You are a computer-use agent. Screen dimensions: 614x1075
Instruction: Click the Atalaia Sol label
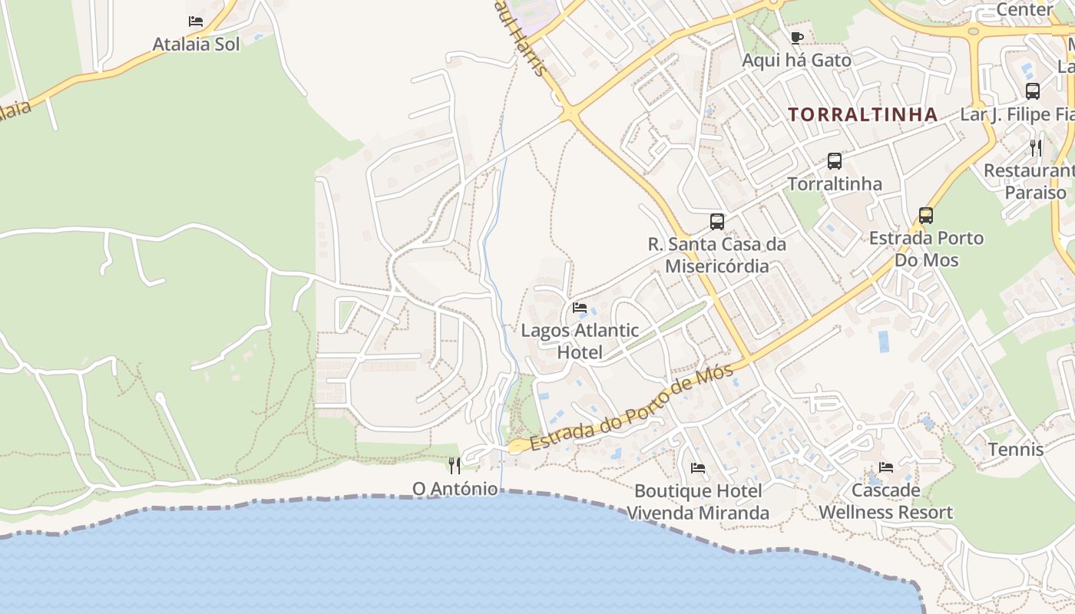(x=196, y=45)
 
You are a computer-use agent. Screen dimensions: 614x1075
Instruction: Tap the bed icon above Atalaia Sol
(x=196, y=21)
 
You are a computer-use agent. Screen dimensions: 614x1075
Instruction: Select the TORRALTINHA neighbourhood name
(x=862, y=115)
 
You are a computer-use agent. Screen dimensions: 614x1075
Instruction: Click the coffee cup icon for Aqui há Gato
(x=796, y=38)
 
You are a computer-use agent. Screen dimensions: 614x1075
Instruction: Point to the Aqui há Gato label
(x=796, y=61)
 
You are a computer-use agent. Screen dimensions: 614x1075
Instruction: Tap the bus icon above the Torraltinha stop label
(x=835, y=161)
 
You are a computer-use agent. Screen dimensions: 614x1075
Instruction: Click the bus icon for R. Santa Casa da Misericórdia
(x=716, y=222)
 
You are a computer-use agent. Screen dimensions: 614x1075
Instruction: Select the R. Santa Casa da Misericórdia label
(x=716, y=256)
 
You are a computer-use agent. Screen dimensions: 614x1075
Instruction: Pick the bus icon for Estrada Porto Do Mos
(x=926, y=216)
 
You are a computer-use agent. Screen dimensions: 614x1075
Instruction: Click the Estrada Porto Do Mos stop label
(x=926, y=249)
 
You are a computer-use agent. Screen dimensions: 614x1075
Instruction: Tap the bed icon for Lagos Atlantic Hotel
(x=580, y=308)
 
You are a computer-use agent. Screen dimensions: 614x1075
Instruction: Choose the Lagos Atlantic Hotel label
(x=580, y=342)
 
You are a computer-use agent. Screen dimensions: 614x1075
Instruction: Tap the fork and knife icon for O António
(x=455, y=465)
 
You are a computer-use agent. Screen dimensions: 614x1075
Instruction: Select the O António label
(x=455, y=489)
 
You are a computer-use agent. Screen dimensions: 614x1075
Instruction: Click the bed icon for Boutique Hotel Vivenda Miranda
(x=697, y=467)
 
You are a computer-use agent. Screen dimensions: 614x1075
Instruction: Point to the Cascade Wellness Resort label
(x=885, y=501)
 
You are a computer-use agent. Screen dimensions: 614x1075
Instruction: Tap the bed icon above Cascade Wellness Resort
(x=885, y=467)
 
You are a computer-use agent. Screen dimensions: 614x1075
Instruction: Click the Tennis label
(x=1016, y=450)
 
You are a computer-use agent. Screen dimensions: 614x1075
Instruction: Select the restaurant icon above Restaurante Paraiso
(x=1037, y=148)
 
